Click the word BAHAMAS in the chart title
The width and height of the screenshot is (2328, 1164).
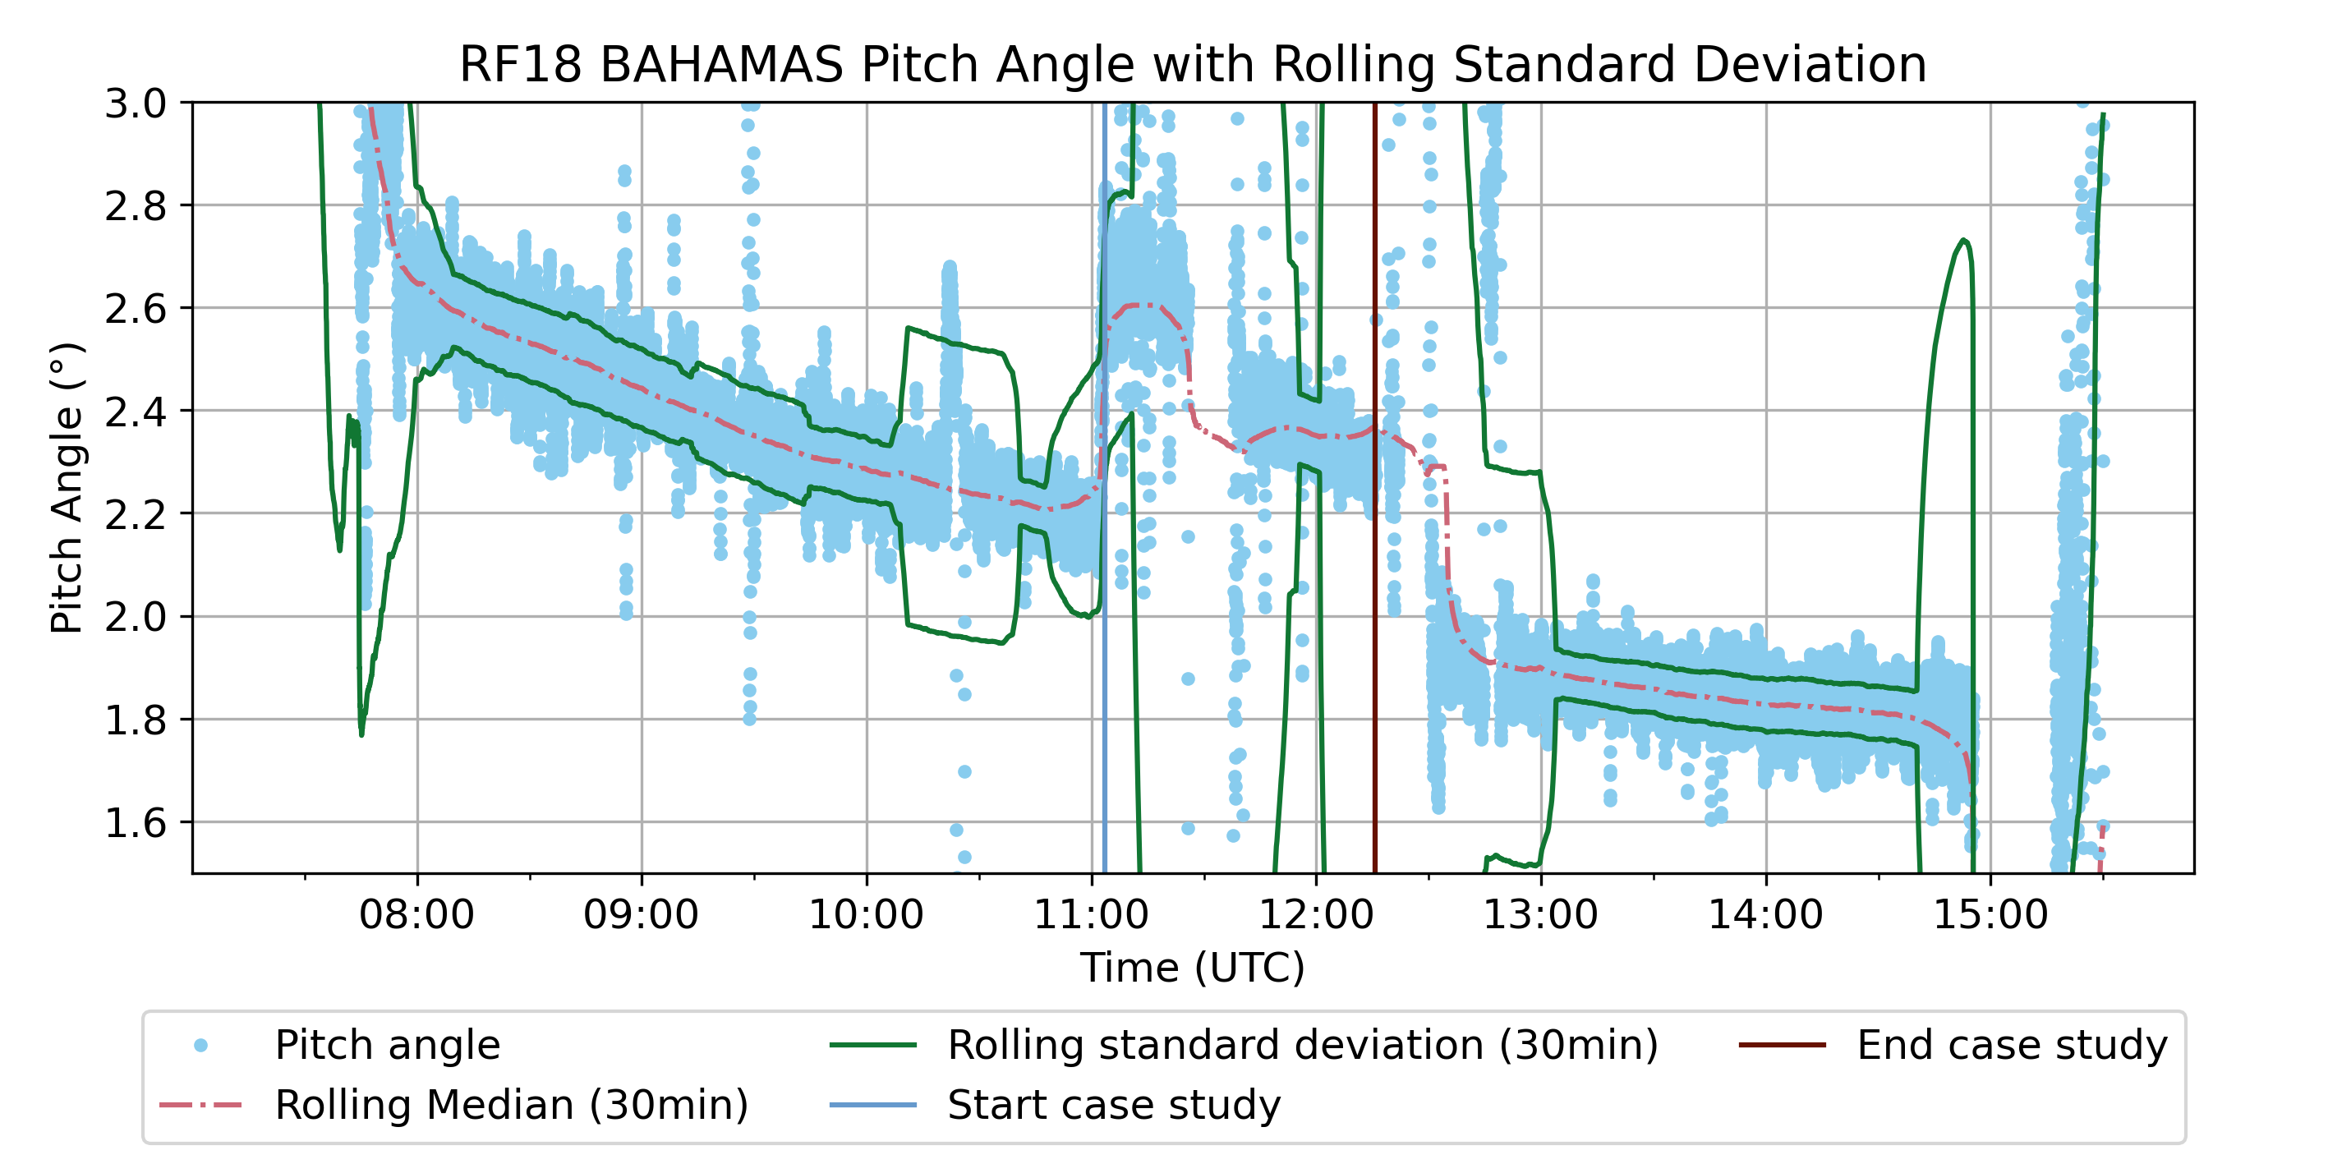tap(720, 65)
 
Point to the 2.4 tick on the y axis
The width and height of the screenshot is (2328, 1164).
tap(136, 412)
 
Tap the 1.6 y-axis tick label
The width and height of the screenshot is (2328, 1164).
tap(136, 823)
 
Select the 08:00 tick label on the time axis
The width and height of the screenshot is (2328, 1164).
tap(416, 914)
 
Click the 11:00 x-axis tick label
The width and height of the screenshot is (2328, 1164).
tap(1091, 914)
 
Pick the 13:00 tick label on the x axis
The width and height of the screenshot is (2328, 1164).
tap(1540, 914)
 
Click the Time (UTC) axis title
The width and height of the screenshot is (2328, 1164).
tap(1192, 967)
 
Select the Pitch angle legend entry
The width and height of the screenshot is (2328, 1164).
tap(387, 1046)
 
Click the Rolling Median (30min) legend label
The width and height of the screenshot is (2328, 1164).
tap(512, 1105)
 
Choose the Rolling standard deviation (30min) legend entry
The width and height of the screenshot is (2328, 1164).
tap(1302, 1046)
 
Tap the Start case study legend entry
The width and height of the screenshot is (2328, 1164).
tap(1113, 1105)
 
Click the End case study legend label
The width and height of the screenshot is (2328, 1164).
tap(2012, 1046)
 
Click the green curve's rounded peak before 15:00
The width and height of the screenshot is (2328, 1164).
tap(1964, 241)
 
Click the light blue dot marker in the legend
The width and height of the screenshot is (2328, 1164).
tap(200, 1046)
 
